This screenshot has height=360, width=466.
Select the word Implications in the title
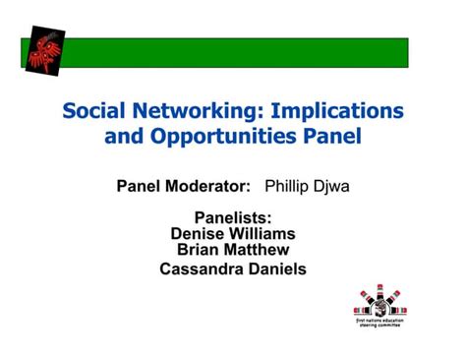[339, 109]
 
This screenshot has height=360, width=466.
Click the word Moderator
[209, 186]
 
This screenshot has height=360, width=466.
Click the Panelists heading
[233, 218]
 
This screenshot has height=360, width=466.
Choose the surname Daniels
[276, 269]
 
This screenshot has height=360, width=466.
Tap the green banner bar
[241, 51]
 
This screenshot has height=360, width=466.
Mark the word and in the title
[121, 135]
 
